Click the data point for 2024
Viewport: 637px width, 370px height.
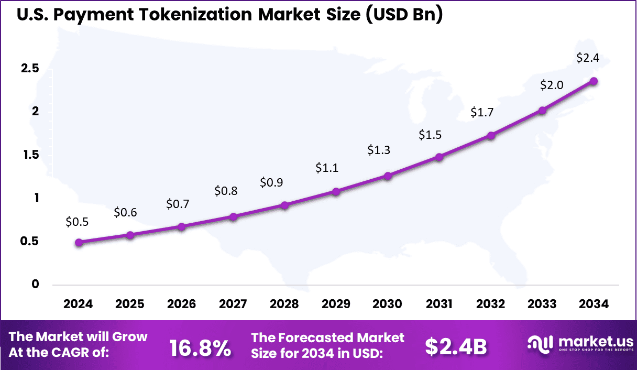(79, 242)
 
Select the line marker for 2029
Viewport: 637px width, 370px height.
(336, 192)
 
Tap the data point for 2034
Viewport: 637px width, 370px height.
(594, 81)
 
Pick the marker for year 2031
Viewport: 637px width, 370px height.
(439, 157)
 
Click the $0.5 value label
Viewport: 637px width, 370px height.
(77, 222)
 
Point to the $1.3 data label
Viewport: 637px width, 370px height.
(378, 150)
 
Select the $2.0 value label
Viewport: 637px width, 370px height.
(552, 84)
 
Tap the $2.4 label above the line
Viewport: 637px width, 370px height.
(587, 58)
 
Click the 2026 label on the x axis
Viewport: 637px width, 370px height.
(181, 304)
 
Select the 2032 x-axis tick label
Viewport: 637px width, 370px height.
(491, 304)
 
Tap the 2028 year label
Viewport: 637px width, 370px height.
(284, 304)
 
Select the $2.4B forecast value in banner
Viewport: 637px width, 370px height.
(456, 346)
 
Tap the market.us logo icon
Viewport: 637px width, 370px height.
(541, 343)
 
